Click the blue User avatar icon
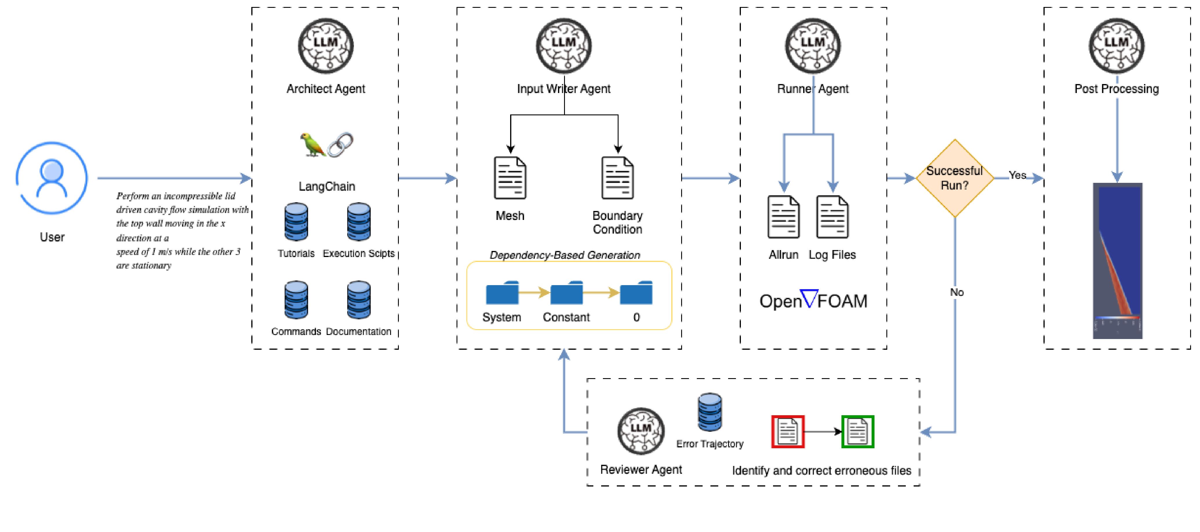52,178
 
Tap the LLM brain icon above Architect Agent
326,46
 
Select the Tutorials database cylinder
296,222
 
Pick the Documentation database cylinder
359,300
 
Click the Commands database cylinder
296,300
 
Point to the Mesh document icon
510,178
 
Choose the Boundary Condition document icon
618,178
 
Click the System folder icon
502,293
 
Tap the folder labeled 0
636,293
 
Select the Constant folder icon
566,293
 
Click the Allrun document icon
783,217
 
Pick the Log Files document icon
832,217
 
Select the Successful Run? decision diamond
954,178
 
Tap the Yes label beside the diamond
1017,175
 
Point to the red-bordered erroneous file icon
788,432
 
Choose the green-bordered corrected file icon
858,432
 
